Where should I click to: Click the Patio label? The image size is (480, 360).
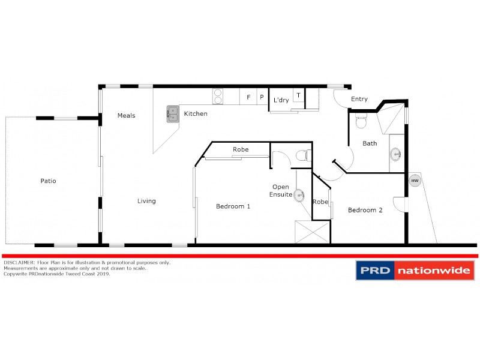(x=48, y=181)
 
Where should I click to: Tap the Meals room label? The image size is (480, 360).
(x=126, y=115)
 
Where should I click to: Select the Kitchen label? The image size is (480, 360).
(x=196, y=113)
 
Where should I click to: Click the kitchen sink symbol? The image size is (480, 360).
(x=173, y=113)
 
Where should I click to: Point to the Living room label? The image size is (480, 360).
(x=146, y=201)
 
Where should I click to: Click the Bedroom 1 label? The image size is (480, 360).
(x=233, y=206)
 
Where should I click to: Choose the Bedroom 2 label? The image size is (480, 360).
(x=365, y=210)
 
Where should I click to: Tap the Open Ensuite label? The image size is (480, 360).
(x=281, y=191)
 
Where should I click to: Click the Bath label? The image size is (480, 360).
(x=370, y=143)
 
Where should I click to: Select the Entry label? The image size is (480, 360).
(x=359, y=100)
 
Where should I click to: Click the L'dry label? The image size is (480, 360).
(x=281, y=100)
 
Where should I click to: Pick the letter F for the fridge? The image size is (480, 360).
(x=248, y=97)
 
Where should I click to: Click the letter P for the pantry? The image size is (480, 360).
(x=262, y=97)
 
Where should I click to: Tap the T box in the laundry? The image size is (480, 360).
(x=298, y=96)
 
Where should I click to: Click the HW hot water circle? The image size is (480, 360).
(x=414, y=180)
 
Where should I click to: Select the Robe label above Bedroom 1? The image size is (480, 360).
(x=241, y=149)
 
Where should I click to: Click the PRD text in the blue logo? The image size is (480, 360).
(x=376, y=271)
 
